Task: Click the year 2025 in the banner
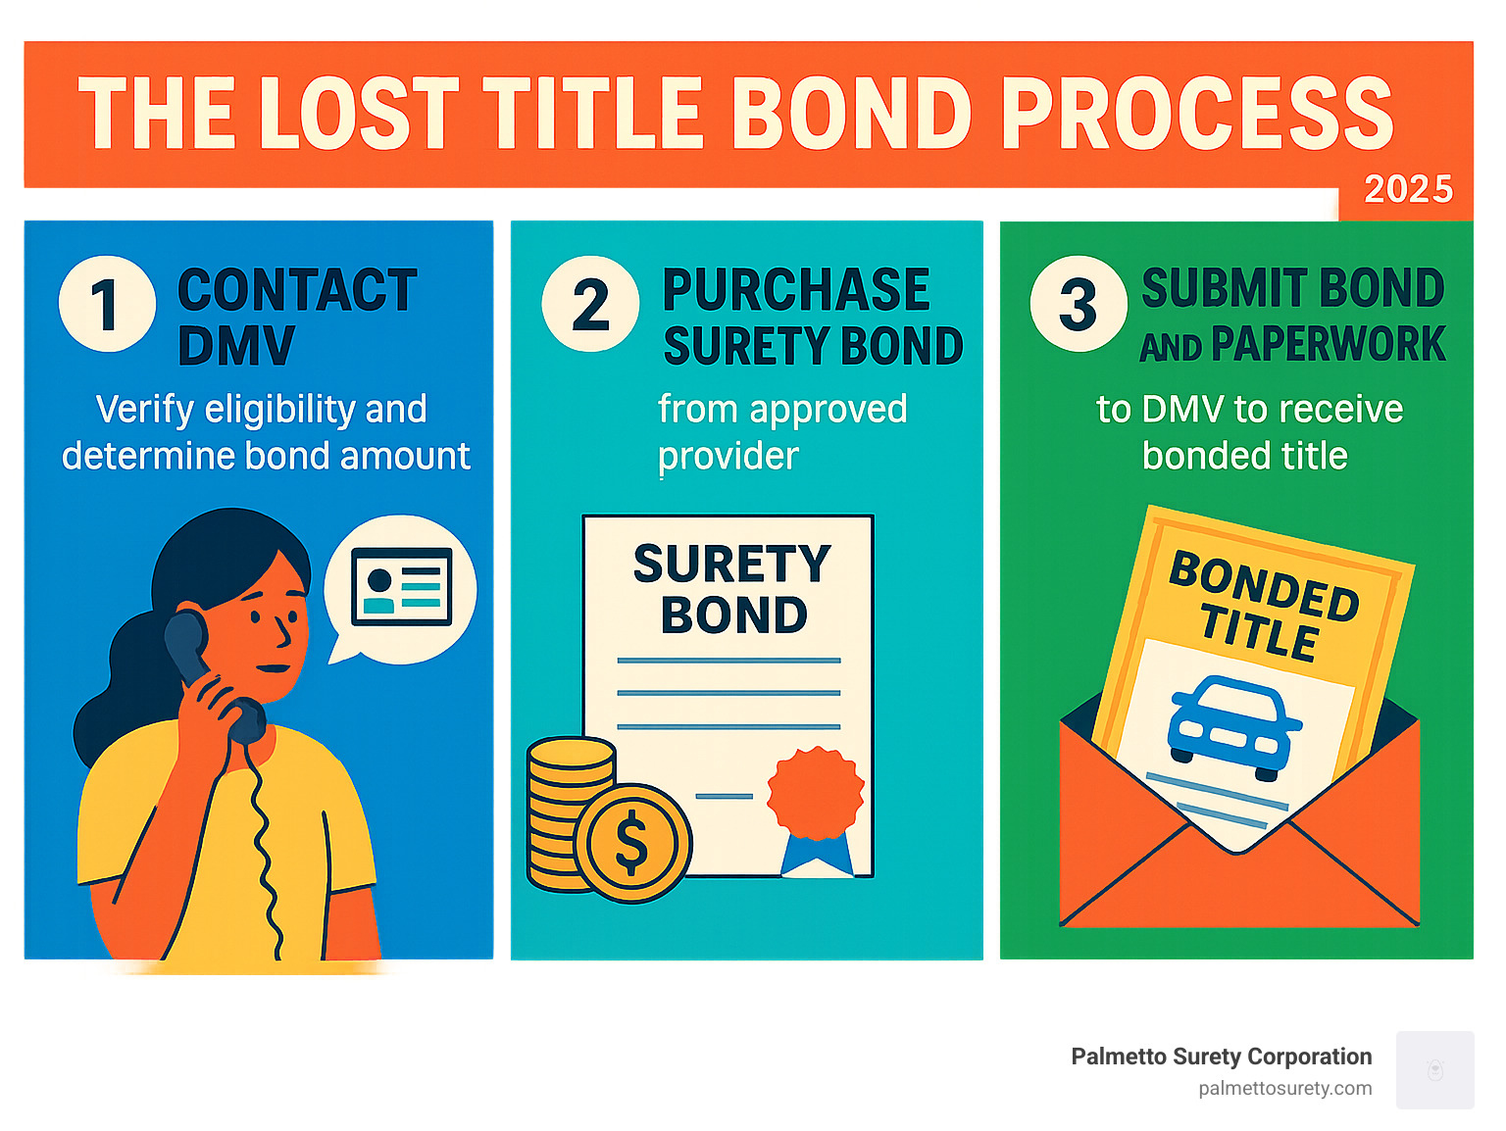click(x=1408, y=189)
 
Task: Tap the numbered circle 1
click(x=107, y=304)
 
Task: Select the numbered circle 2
click(x=590, y=304)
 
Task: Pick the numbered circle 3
click(x=1078, y=304)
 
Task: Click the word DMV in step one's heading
click(x=236, y=346)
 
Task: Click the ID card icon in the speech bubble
click(x=402, y=587)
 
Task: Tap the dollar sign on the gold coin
click(x=631, y=841)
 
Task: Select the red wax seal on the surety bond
click(x=816, y=793)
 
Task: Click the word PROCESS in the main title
click(x=1196, y=114)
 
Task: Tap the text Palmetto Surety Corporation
click(x=1221, y=1057)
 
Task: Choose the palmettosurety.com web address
click(x=1284, y=1088)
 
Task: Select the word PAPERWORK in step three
click(x=1328, y=345)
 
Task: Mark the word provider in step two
click(x=728, y=456)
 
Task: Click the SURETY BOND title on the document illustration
click(x=732, y=589)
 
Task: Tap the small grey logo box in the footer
click(x=1434, y=1069)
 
